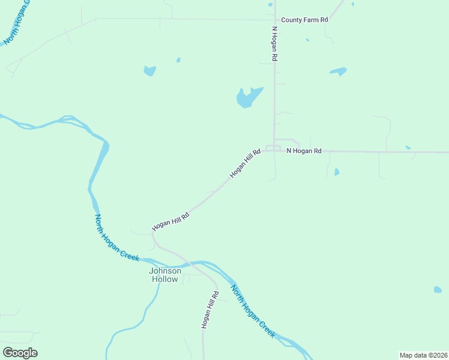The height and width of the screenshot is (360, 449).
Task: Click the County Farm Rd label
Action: click(304, 20)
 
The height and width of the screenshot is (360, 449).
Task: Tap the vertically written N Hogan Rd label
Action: click(275, 43)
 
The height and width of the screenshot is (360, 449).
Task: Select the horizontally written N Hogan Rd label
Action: click(304, 151)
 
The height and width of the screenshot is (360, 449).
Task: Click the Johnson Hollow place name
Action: click(164, 275)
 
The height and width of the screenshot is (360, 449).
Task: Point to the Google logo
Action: click(20, 352)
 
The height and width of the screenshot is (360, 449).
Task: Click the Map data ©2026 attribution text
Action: click(423, 355)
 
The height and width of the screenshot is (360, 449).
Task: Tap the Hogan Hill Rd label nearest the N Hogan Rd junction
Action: click(245, 164)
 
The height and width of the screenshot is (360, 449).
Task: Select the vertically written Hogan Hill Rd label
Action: click(208, 309)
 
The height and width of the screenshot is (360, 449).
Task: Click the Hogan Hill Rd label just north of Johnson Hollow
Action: click(171, 221)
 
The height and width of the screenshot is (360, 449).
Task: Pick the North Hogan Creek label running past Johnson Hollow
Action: click(116, 238)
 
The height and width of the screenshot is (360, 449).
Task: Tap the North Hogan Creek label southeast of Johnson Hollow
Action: click(253, 311)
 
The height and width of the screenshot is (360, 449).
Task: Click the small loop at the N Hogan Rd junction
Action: click(273, 148)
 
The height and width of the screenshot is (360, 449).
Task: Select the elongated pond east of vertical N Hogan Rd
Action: click(338, 71)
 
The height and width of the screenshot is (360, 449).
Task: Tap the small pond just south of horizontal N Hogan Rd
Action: click(337, 172)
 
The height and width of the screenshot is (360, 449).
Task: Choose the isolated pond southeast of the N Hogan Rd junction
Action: click(438, 290)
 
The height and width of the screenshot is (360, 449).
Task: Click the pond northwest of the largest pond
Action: click(149, 71)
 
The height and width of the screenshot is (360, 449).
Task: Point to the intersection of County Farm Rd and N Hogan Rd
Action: click(275, 20)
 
